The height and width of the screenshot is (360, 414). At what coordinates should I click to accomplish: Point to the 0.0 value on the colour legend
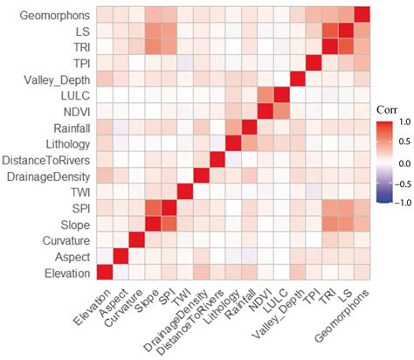[x=402, y=162]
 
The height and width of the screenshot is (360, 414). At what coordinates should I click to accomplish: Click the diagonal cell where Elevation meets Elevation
[x=105, y=273]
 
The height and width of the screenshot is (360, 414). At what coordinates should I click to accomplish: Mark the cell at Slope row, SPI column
[x=169, y=225]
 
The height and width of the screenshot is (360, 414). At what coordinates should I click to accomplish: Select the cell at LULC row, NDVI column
[x=266, y=95]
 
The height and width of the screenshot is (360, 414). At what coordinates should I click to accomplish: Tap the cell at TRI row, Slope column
[x=153, y=47]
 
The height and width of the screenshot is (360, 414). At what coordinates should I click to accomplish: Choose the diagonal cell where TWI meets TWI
[x=185, y=192]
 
